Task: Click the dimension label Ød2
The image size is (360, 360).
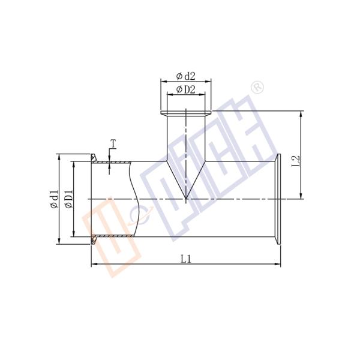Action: click(185, 76)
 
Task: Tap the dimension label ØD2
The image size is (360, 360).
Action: click(185, 90)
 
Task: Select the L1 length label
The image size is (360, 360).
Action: click(186, 259)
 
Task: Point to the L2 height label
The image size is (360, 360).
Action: click(295, 161)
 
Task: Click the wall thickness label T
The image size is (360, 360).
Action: click(112, 143)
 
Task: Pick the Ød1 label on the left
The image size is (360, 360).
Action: click(53, 199)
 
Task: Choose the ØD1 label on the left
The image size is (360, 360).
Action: click(68, 199)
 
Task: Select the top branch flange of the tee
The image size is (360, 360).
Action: click(185, 113)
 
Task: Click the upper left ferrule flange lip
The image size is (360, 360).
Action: click(94, 158)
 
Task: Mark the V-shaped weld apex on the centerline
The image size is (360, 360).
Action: click(186, 198)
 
